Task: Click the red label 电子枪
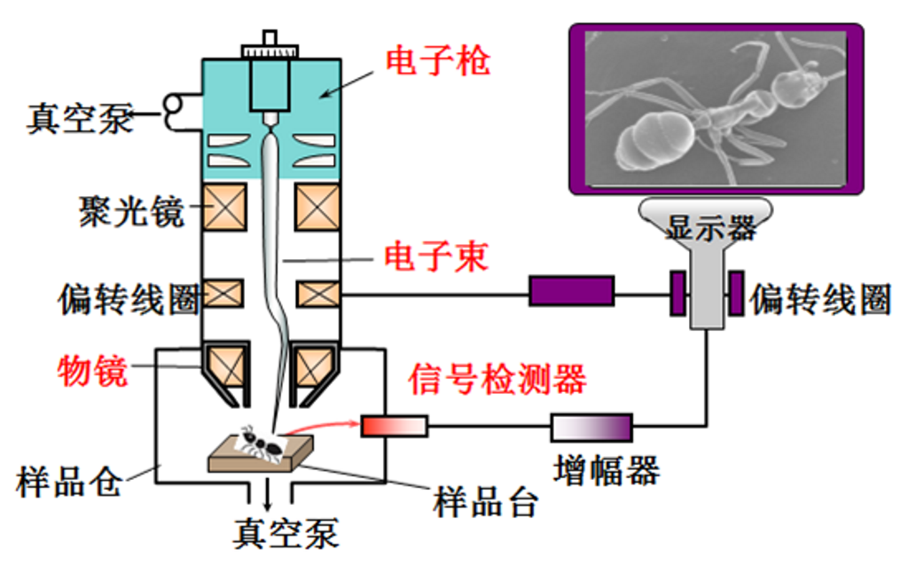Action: click(x=437, y=61)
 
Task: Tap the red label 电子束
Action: click(x=435, y=257)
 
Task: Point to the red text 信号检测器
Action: click(x=497, y=379)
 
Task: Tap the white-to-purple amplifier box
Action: click(x=591, y=427)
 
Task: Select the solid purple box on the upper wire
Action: click(x=571, y=291)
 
